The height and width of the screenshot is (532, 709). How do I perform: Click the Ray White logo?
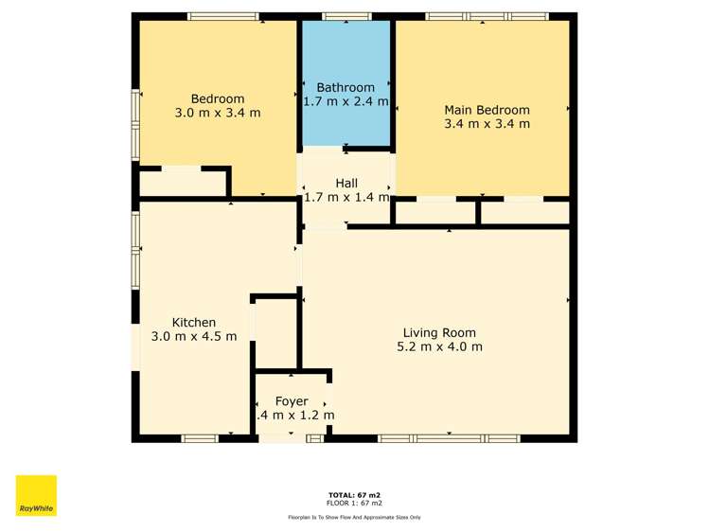(36, 495)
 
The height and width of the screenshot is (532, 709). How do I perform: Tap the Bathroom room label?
(346, 87)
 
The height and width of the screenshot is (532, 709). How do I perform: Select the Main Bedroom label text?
(487, 110)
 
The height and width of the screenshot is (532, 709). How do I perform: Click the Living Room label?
(439, 332)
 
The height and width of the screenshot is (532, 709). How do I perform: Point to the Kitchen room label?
(193, 322)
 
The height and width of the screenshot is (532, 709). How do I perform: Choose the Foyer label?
(292, 401)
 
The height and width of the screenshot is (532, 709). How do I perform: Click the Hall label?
(346, 183)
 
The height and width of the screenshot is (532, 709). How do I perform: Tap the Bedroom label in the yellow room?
(218, 98)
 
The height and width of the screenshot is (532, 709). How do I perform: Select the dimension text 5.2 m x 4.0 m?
(439, 346)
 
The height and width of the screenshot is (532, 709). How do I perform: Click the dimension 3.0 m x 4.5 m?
(193, 336)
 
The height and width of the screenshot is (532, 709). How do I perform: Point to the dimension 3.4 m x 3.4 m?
(487, 123)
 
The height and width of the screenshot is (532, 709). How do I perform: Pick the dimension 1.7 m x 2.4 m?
(346, 100)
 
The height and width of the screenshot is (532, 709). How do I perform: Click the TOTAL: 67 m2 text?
(354, 495)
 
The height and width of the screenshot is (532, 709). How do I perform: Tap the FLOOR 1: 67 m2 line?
(354, 503)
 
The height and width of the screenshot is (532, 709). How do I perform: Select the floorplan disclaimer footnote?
(354, 517)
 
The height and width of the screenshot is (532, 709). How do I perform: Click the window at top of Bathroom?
(346, 16)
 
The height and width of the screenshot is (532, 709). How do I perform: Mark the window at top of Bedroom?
(223, 16)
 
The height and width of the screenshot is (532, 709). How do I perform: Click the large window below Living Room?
(449, 438)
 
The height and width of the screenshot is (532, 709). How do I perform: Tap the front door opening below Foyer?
(281, 438)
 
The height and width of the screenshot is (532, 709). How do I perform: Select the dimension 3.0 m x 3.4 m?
(218, 113)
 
